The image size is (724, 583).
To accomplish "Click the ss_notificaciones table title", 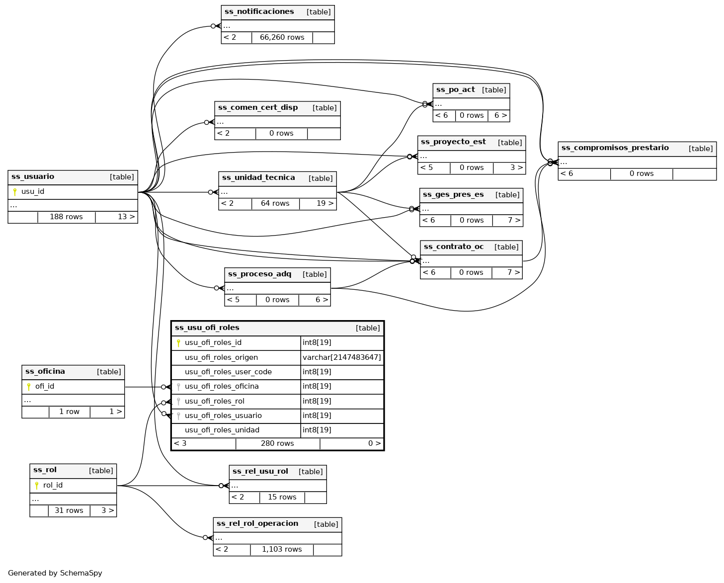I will point(259,12).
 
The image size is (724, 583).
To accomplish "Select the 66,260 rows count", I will point(282,37).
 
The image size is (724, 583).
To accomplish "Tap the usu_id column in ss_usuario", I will point(33,192).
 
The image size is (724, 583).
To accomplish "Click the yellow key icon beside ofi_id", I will point(29,387).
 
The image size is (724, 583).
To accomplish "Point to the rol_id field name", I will point(53,486).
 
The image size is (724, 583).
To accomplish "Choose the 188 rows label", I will point(66,217).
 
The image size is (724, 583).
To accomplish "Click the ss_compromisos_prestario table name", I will point(615,148).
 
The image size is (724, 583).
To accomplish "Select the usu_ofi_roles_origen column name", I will point(221,357).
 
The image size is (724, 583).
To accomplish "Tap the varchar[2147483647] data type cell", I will point(341,357).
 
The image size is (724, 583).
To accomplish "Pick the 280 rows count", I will point(277,443).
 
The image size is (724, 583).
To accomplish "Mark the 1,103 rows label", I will point(282,549).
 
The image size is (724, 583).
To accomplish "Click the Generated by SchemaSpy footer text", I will point(55,573).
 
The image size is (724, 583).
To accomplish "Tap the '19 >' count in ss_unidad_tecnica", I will point(325,203).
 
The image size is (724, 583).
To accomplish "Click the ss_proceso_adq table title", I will point(259,274).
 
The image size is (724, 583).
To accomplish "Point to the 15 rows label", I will point(282,497).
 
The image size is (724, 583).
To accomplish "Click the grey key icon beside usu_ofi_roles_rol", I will point(178,401).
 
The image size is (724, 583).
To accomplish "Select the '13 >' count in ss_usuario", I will point(126,217).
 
